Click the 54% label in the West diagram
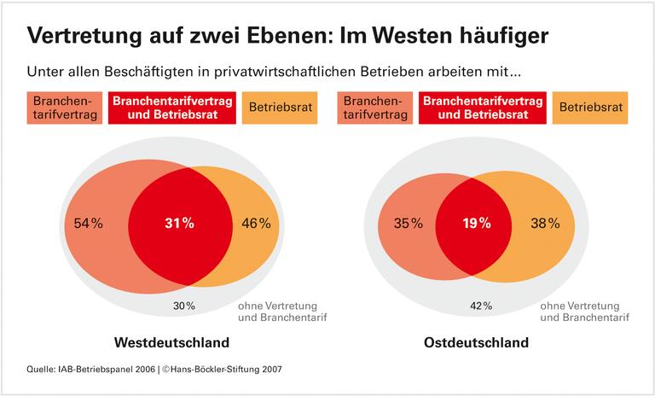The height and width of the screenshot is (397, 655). pyautogui.click(x=89, y=224)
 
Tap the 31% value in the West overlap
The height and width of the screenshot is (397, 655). pyautogui.click(x=180, y=224)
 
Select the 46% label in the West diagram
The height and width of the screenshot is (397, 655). pyautogui.click(x=257, y=224)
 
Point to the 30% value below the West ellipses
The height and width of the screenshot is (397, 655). pyautogui.click(x=183, y=306)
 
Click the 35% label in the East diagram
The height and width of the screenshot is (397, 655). pyautogui.click(x=408, y=224)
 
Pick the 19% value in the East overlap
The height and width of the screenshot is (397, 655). pyautogui.click(x=476, y=224)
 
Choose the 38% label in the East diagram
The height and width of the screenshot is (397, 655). pyautogui.click(x=545, y=224)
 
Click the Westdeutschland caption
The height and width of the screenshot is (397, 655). pyautogui.click(x=171, y=342)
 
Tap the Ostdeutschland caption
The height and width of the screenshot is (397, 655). pyautogui.click(x=476, y=342)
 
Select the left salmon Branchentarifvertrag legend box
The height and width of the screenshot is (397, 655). pyautogui.click(x=64, y=108)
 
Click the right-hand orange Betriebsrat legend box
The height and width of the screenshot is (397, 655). pyautogui.click(x=593, y=108)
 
